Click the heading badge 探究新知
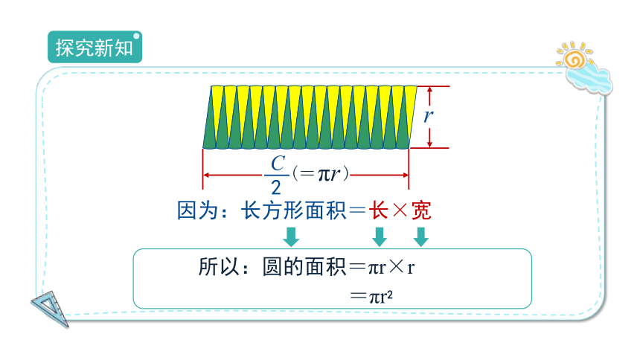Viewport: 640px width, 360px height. (95, 47)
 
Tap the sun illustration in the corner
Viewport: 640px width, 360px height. (575, 57)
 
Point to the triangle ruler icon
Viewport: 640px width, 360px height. (51, 308)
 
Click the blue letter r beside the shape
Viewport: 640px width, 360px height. (427, 115)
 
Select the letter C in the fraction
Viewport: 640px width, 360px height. (278, 164)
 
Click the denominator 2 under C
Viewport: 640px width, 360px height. (276, 187)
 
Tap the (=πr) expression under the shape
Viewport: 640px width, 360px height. (321, 174)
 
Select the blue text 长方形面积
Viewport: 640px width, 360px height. (293, 210)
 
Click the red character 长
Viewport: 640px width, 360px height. (378, 210)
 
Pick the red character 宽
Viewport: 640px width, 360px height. (421, 210)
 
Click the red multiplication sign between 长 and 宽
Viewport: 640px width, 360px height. (400, 210)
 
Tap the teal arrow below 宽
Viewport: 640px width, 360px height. (420, 237)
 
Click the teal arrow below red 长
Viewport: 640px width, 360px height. (380, 237)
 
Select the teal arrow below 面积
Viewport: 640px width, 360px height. (291, 237)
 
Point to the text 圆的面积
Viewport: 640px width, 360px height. (304, 267)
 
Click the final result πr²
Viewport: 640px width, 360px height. (381, 297)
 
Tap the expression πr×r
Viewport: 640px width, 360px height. (391, 268)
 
